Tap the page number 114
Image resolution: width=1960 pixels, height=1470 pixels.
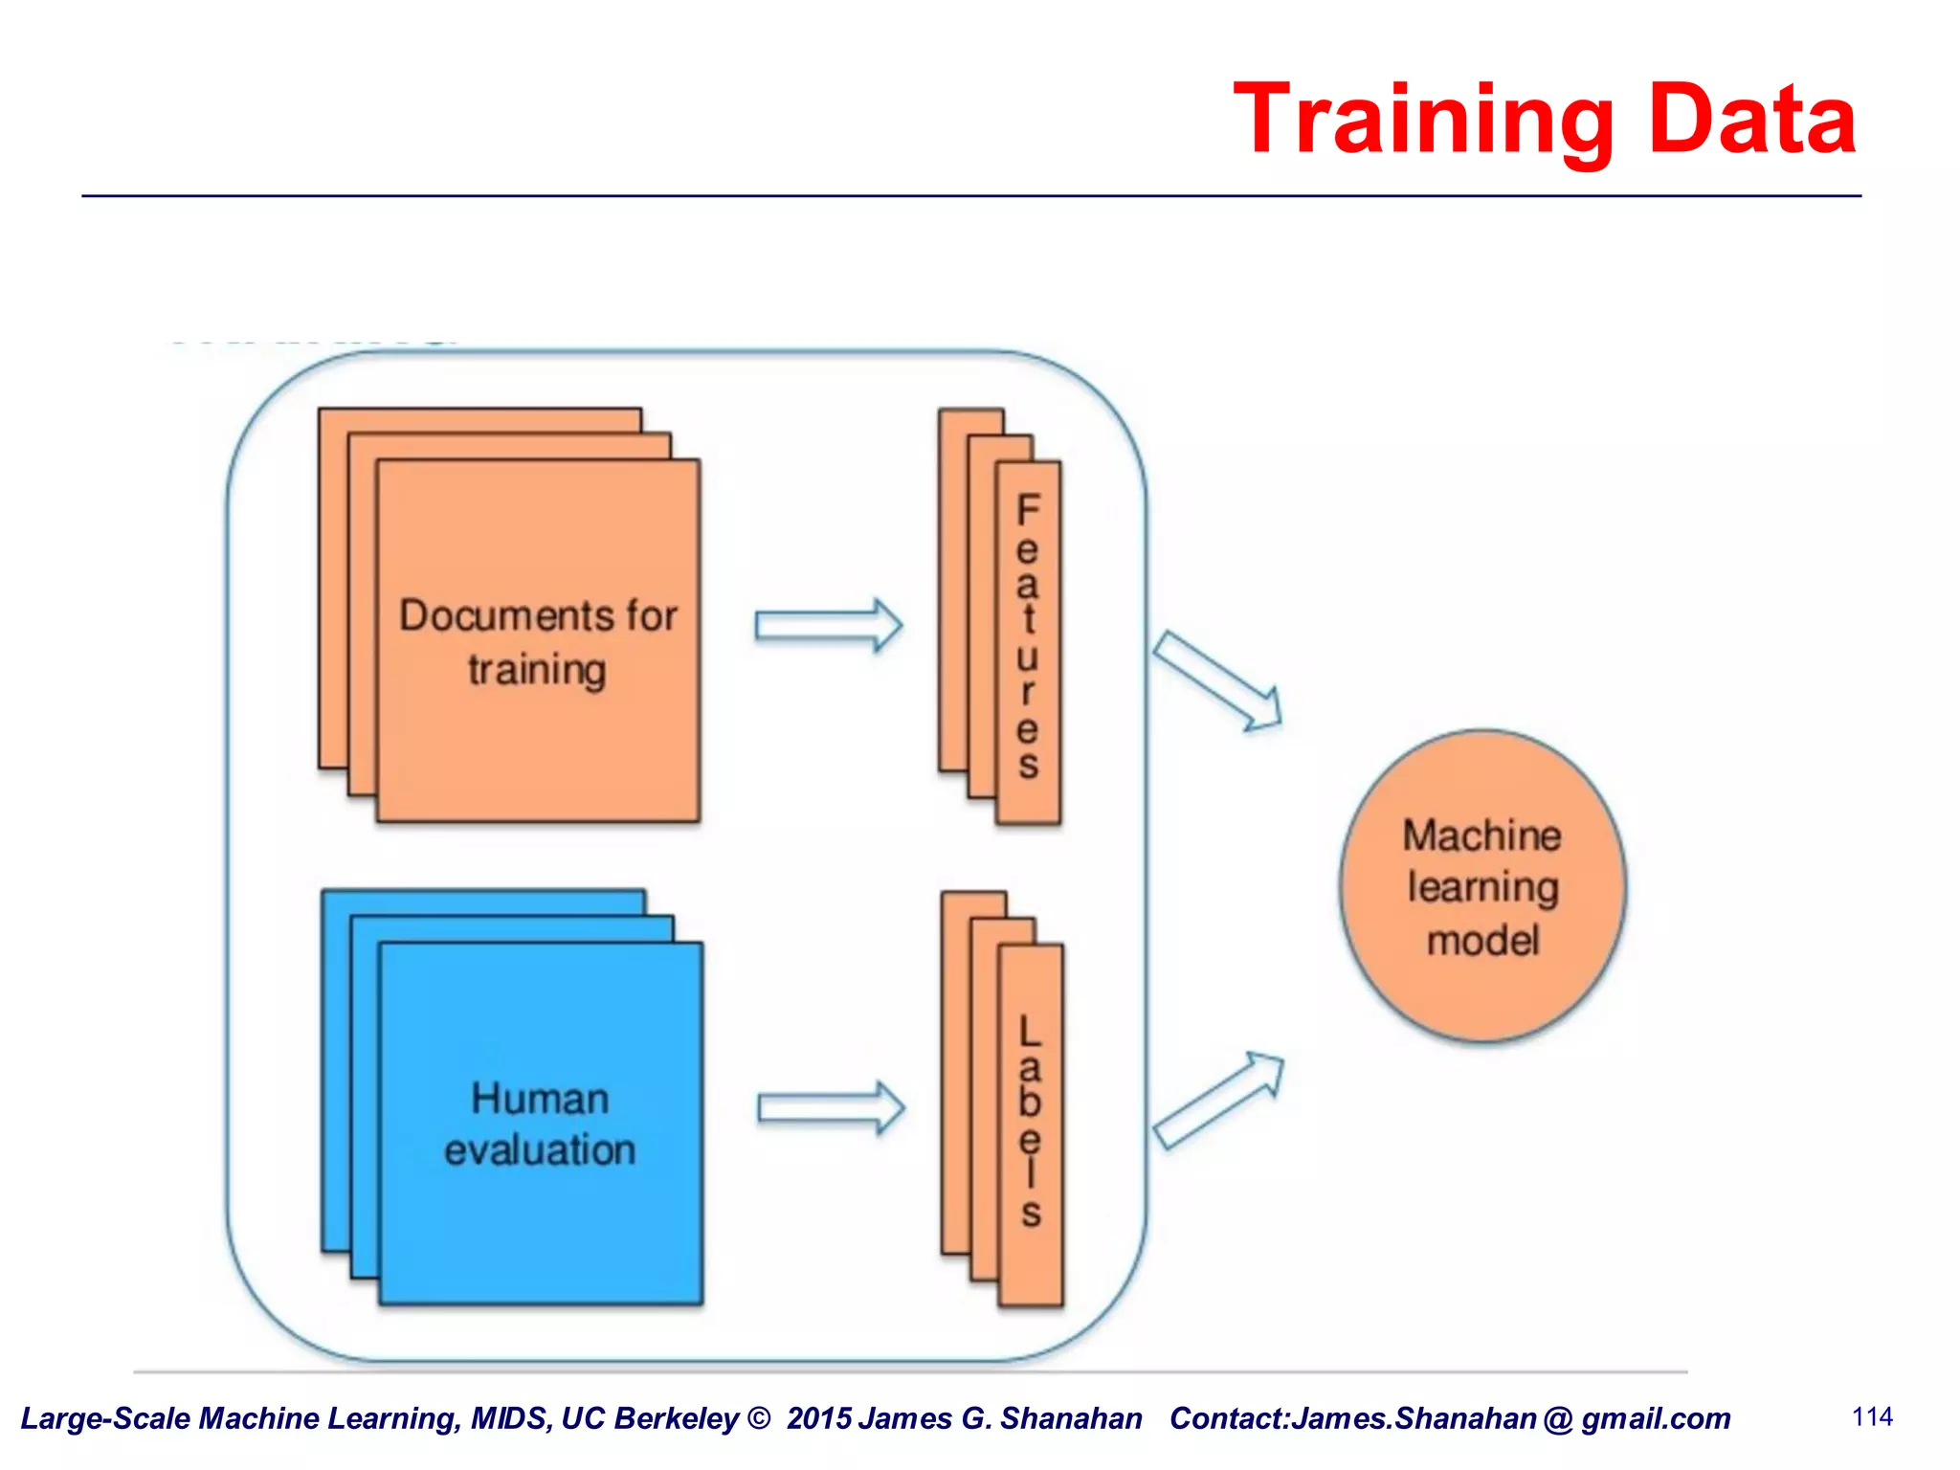1872,1416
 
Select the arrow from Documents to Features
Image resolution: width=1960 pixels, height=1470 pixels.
829,626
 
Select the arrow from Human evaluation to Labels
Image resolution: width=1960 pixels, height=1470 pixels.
831,1108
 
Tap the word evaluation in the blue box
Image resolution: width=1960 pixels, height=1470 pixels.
540,1150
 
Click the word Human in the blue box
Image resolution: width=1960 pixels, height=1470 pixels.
540,1099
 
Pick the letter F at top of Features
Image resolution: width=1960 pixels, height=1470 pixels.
1028,510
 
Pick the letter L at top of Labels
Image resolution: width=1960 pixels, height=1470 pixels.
1030,1032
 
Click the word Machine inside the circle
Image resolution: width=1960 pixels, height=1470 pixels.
1481,835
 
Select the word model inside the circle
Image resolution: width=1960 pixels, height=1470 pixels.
1482,941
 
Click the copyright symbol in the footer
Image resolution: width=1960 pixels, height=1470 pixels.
759,1418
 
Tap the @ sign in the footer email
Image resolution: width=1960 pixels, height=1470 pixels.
1558,1418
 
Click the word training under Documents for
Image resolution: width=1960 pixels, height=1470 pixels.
537,669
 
